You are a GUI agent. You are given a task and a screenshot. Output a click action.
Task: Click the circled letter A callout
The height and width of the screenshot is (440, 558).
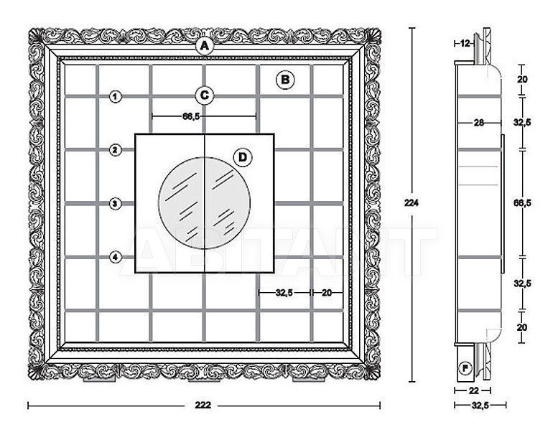click(x=204, y=46)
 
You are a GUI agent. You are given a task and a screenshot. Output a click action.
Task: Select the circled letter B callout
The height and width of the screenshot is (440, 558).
click(x=285, y=80)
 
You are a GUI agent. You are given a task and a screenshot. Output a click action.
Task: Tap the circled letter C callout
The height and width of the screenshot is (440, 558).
click(x=204, y=95)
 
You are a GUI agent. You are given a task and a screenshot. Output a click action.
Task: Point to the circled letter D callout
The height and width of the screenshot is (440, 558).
click(x=242, y=157)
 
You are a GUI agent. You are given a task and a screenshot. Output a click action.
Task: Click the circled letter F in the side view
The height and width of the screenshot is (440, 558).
click(x=465, y=368)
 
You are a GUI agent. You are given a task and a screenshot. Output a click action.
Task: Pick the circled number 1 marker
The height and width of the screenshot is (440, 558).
click(x=115, y=96)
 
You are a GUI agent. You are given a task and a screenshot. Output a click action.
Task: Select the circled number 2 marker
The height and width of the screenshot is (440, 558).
click(x=115, y=150)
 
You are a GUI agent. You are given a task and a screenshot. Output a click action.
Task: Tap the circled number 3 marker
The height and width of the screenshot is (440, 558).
click(x=115, y=204)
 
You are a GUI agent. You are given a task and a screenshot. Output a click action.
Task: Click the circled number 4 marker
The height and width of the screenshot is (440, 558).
click(x=115, y=257)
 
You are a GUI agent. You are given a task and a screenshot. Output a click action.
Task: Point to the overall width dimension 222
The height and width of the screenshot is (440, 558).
click(x=203, y=405)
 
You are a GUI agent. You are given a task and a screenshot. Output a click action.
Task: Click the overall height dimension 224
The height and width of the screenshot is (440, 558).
click(x=411, y=202)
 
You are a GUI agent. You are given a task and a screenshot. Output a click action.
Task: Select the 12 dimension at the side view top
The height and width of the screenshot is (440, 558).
click(x=465, y=43)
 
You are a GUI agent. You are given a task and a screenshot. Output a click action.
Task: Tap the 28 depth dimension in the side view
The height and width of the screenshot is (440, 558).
click(x=479, y=123)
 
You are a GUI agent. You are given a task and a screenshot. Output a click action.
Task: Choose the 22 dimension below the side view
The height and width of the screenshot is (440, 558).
click(x=473, y=390)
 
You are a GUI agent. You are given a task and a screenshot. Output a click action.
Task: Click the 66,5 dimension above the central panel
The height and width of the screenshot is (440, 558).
click(x=191, y=116)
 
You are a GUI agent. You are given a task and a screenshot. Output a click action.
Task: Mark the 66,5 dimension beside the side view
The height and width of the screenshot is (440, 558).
click(x=522, y=202)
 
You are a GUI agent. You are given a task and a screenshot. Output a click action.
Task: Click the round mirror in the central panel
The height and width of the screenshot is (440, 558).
click(x=204, y=203)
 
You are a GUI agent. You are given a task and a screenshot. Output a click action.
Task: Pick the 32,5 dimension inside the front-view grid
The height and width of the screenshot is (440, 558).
click(x=284, y=293)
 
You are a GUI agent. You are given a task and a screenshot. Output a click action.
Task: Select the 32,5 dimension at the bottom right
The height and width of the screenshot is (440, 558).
click(x=480, y=406)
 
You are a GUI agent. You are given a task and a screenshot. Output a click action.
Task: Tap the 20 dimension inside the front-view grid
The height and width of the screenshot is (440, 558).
click(x=327, y=293)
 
